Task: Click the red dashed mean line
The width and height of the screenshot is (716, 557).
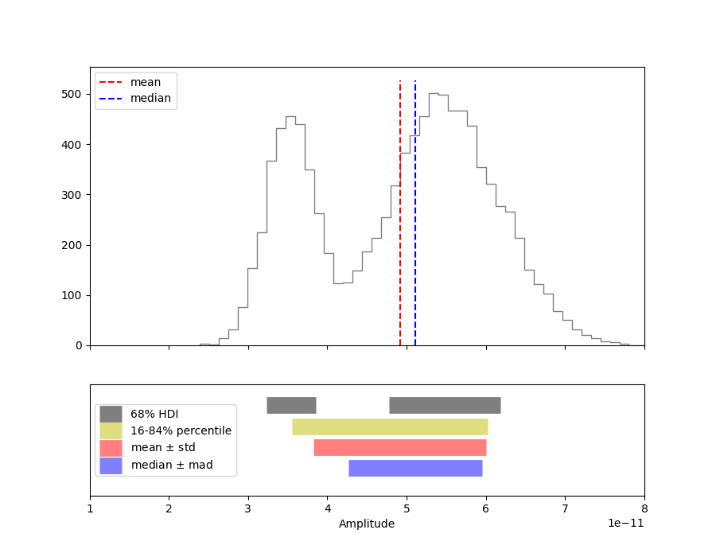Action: (400, 239)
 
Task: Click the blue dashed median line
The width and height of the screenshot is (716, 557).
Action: (415, 239)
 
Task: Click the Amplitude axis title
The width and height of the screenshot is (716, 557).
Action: (367, 524)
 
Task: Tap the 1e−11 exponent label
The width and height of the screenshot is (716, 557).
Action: (625, 524)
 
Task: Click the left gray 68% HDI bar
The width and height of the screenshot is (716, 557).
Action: (291, 405)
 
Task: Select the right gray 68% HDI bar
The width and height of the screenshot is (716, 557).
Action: (445, 405)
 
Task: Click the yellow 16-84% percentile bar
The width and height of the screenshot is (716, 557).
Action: (390, 427)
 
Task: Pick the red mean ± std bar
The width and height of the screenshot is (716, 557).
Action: (399, 447)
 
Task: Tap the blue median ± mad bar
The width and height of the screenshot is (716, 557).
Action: (415, 468)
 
